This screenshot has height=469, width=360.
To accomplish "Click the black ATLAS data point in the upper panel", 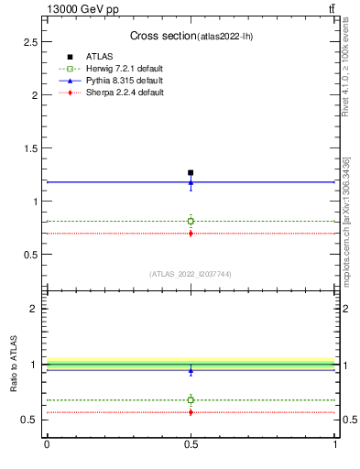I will click(191, 172).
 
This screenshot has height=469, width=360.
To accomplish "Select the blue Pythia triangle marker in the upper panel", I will click(191, 182).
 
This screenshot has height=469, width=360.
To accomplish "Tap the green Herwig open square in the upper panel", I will click(191, 221).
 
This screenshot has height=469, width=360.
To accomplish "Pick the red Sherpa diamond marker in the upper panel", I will click(191, 234).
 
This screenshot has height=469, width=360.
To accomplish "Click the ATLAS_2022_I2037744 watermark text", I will click(191, 274).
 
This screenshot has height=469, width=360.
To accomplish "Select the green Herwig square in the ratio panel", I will click(191, 399).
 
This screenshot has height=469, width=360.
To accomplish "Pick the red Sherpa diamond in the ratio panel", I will click(191, 412).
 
